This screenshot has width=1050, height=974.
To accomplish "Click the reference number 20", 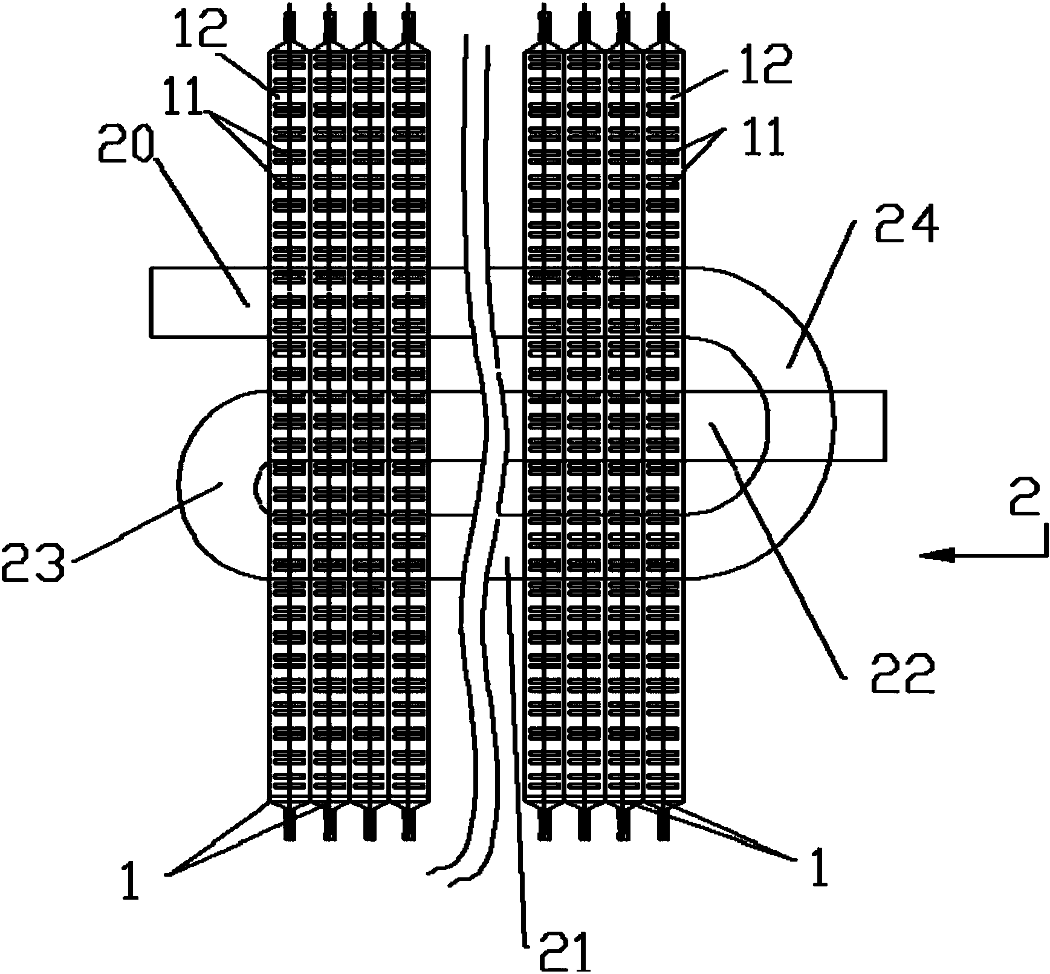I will click(127, 143).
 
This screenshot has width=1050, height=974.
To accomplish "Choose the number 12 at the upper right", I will click(762, 66).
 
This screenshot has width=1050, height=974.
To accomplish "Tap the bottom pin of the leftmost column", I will click(290, 825).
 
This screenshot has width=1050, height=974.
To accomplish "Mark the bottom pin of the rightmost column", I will click(664, 825).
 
